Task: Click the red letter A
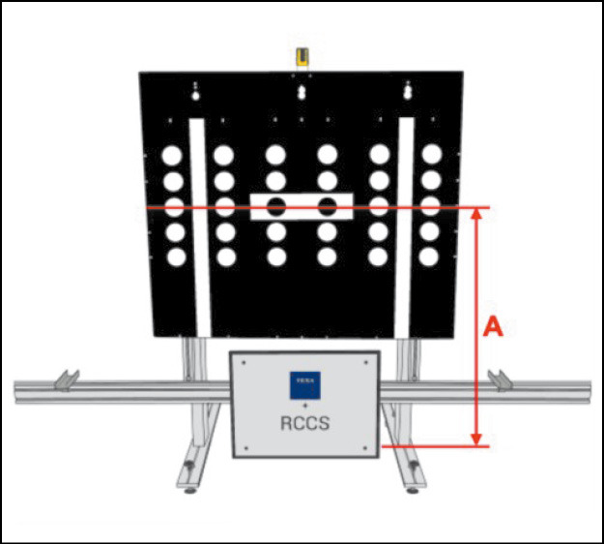pyautogui.click(x=493, y=328)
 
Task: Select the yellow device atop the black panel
pyautogui.click(x=303, y=57)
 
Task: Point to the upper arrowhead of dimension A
pyautogui.click(x=475, y=214)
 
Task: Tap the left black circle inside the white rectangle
pyautogui.click(x=276, y=205)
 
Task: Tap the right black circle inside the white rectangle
pyautogui.click(x=328, y=205)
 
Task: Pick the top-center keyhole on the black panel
pyautogui.click(x=303, y=90)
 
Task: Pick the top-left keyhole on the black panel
pyautogui.click(x=195, y=90)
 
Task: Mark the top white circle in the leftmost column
pyautogui.click(x=173, y=155)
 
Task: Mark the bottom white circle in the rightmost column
pyautogui.click(x=432, y=257)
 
